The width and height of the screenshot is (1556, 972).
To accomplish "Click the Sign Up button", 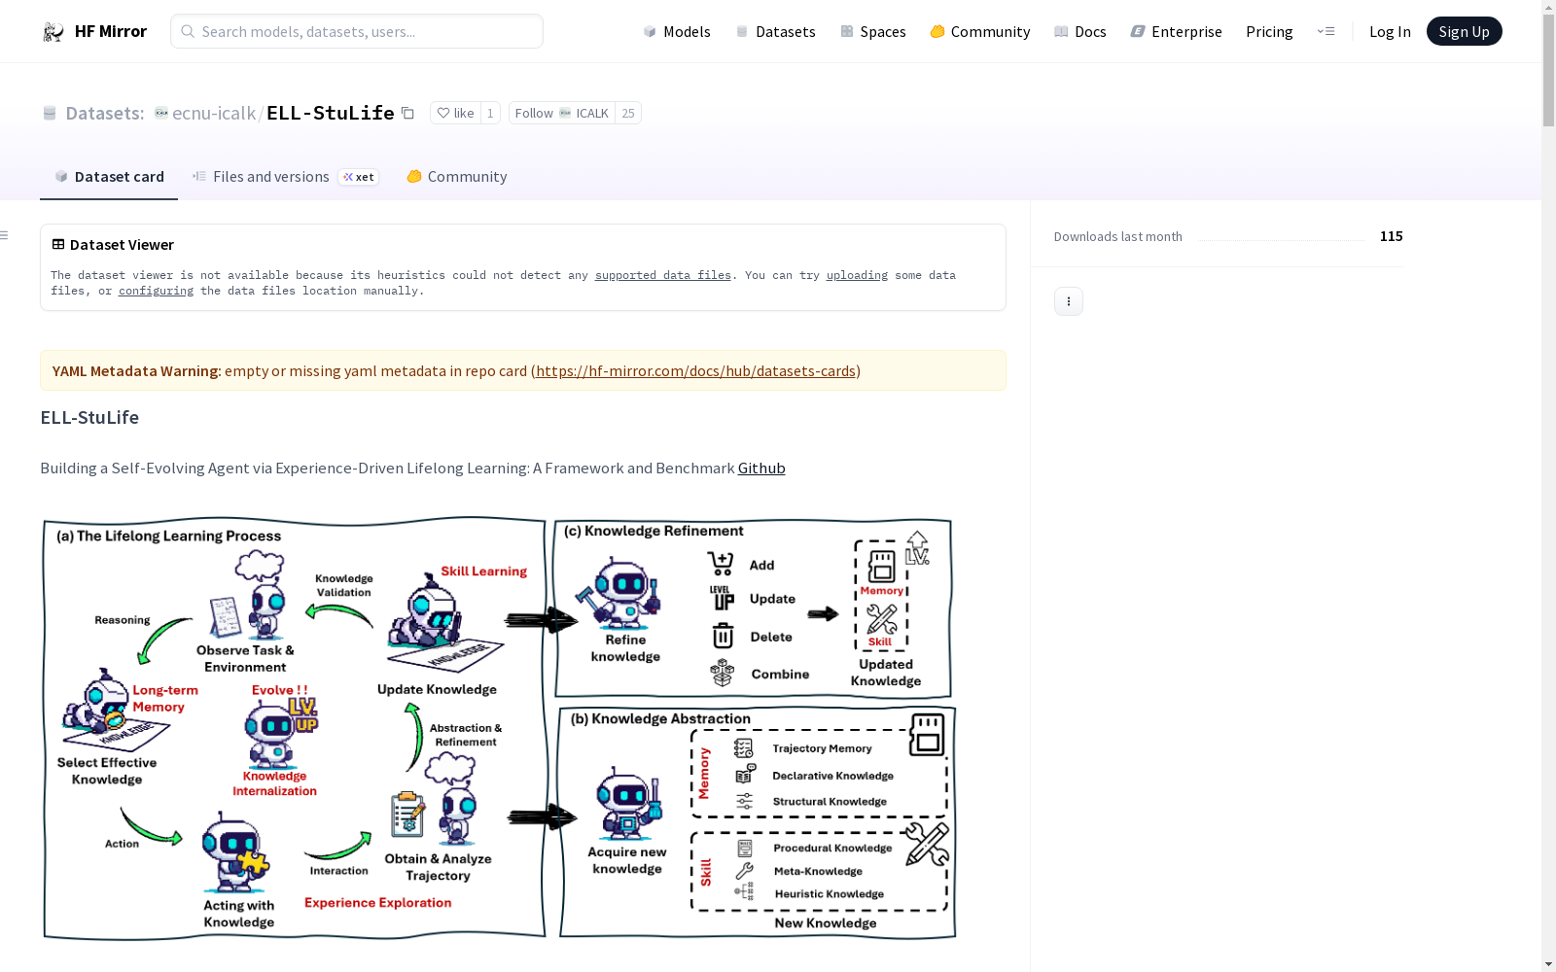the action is pos(1464,31).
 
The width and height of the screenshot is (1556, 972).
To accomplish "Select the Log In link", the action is pos(1390,31).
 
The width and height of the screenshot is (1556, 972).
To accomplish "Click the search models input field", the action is pos(356,31).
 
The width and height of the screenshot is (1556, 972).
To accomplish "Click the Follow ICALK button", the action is pos(561,113).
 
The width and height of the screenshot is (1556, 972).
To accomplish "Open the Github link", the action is pos(761,468).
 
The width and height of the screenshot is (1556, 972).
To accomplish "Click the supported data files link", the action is pos(662,275).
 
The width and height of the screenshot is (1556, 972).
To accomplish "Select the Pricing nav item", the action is pos(1269,31).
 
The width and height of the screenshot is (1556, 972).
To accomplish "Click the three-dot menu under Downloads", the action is pos(1069,301).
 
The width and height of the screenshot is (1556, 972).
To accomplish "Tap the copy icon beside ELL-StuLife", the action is pos(407,113).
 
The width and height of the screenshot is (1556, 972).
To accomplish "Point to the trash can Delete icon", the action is pos(723,636).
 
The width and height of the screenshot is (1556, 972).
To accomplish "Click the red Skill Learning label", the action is pos(483,572).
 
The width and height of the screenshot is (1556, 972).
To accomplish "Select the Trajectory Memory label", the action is pos(822,748).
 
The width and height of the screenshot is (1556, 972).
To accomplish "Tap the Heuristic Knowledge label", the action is pos(829,893).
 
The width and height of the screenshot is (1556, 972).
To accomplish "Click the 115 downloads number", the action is pos(1391,236).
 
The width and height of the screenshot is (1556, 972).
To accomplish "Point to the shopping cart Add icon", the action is pos(721,564).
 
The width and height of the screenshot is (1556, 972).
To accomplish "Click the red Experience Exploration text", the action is pos(378,903).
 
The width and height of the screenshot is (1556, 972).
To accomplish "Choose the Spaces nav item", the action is pos(873,31).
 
